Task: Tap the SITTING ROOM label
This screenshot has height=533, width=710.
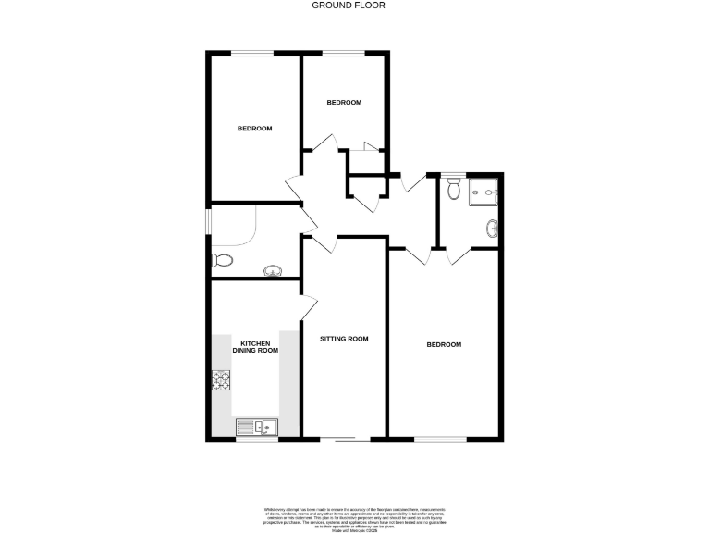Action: coord(344,339)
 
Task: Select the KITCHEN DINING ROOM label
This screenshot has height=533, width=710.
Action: coord(254,346)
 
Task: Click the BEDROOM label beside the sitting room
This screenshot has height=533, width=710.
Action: coord(444,344)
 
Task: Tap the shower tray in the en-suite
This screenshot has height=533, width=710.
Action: coord(484,191)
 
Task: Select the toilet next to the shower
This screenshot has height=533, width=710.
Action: coord(452,190)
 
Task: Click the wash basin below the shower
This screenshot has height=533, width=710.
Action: coord(493,227)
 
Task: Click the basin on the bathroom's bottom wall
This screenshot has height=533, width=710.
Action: coord(274,270)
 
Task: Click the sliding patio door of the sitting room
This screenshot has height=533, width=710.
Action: coord(345,438)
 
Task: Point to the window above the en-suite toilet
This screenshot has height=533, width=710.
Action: coord(452,174)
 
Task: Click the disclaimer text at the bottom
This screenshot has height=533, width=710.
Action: coord(355,515)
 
